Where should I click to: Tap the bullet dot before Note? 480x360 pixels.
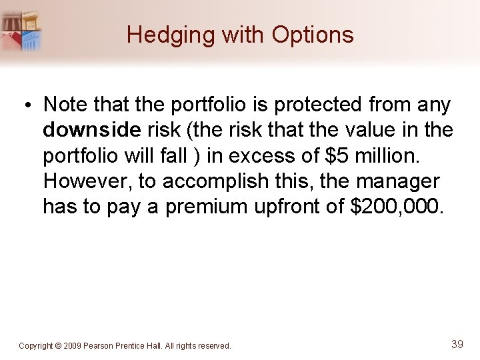tap(29, 105)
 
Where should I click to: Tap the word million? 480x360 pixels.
tap(389, 155)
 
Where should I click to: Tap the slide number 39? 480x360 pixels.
tap(457, 344)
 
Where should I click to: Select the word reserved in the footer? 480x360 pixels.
tap(214, 346)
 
